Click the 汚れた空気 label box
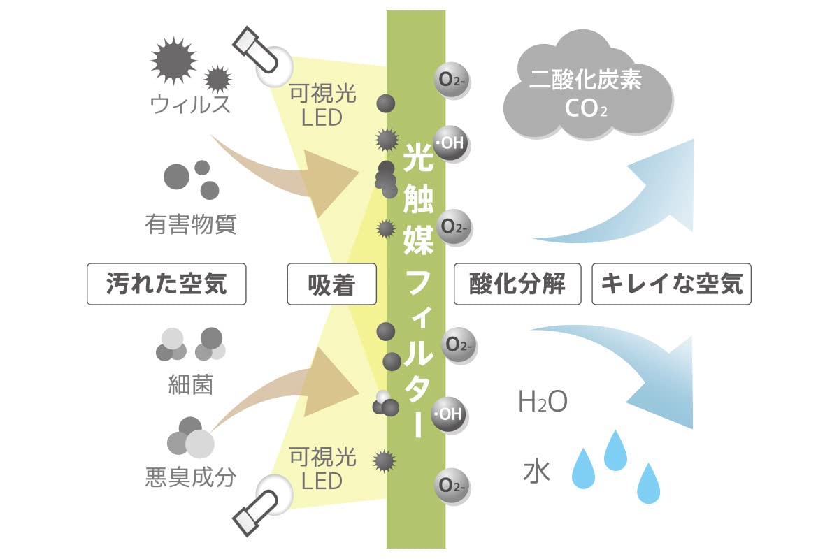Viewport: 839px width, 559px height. click(166, 284)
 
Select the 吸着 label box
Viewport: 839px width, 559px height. click(331, 284)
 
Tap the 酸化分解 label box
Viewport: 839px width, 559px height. click(517, 284)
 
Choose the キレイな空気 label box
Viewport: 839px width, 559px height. click(671, 284)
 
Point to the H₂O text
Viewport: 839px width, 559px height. click(543, 403)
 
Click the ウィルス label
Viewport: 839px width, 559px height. click(190, 106)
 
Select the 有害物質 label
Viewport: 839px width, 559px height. click(190, 224)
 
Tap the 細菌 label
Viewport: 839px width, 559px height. click(190, 384)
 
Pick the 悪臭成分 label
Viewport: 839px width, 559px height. click(190, 477)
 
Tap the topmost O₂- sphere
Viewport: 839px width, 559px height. click(450, 79)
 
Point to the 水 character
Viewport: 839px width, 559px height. click(537, 472)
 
